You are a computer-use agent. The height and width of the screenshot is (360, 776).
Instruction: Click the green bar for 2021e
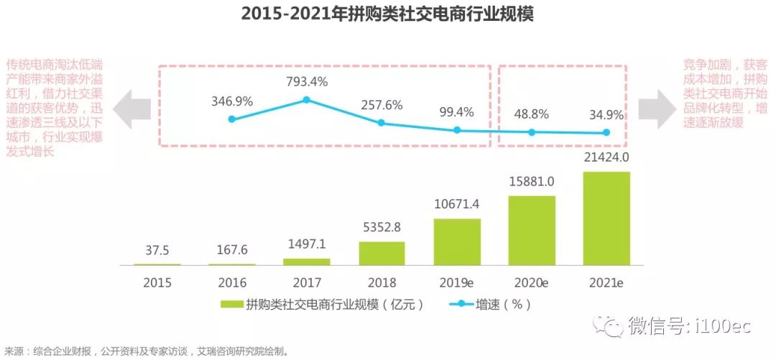(x=606, y=218)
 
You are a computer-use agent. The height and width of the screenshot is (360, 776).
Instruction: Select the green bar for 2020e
(x=532, y=230)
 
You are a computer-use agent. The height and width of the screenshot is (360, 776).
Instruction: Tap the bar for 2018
(x=382, y=253)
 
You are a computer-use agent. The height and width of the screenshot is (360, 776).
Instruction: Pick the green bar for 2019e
(x=456, y=241)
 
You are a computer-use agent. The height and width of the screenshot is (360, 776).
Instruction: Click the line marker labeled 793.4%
(x=307, y=100)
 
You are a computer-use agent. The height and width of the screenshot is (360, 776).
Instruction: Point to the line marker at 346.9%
(x=231, y=119)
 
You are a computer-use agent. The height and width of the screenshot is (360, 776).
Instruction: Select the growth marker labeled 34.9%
(x=606, y=132)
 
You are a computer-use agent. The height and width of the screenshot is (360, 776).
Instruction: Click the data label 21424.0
(x=606, y=157)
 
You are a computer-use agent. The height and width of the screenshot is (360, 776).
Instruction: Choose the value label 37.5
(x=157, y=251)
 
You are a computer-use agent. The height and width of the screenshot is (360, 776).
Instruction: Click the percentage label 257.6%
(x=382, y=105)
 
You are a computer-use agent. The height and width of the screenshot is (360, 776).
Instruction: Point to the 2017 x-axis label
(x=307, y=283)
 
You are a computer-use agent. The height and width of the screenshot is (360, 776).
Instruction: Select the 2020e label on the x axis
(x=532, y=283)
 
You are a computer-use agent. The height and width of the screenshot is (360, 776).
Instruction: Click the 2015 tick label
(x=157, y=283)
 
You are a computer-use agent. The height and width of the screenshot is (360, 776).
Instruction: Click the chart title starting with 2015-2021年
(x=388, y=14)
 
